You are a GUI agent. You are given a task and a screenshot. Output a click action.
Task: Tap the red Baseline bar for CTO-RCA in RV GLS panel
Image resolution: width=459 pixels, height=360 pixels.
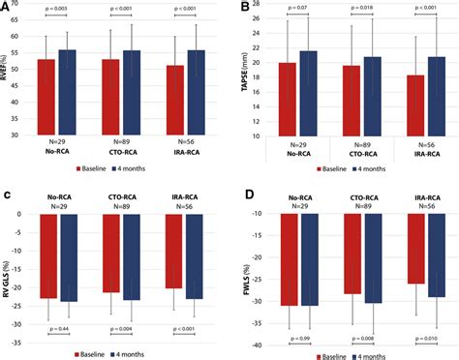tap(111, 253)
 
